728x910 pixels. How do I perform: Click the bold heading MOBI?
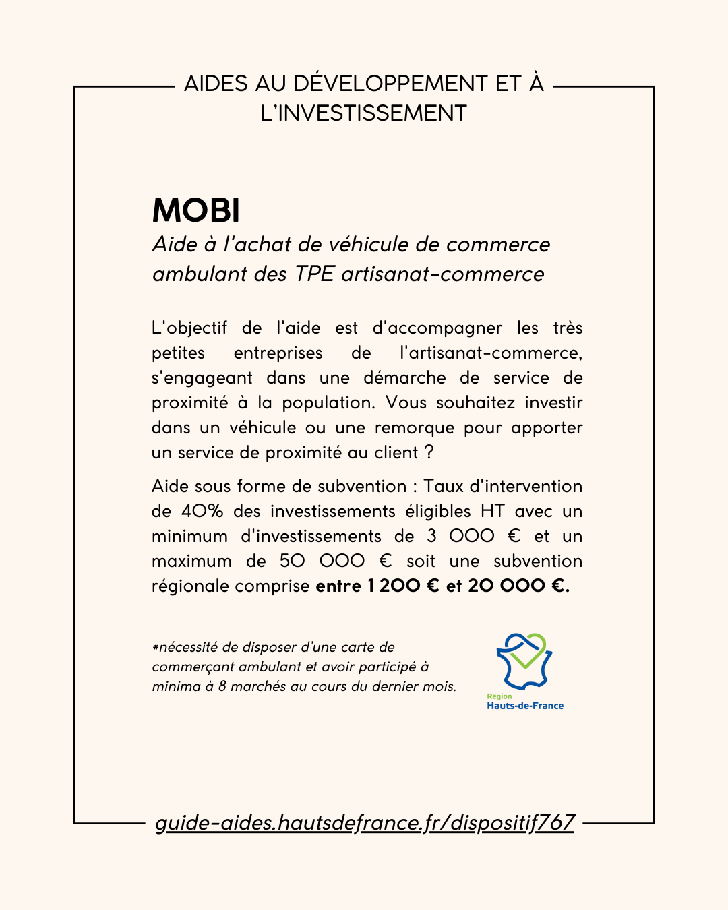click(x=195, y=210)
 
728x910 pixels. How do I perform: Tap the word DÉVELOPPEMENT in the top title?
click(x=391, y=84)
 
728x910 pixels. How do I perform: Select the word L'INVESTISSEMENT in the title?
click(x=363, y=113)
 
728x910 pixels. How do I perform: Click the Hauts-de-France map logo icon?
click(x=524, y=660)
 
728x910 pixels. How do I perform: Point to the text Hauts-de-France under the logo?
click(x=525, y=706)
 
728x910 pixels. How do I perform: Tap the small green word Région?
click(x=499, y=696)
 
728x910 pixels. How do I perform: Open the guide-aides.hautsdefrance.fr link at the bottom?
click(x=364, y=822)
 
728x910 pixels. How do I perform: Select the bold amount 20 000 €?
click(x=518, y=586)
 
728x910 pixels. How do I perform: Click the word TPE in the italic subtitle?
click(x=315, y=274)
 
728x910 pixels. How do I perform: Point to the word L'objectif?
click(x=189, y=328)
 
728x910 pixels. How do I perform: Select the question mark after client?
click(x=429, y=452)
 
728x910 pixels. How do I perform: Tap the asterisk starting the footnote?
click(x=155, y=648)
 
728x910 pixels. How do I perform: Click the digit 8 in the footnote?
click(x=222, y=686)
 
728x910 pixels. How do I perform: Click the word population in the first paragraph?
click(x=328, y=403)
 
